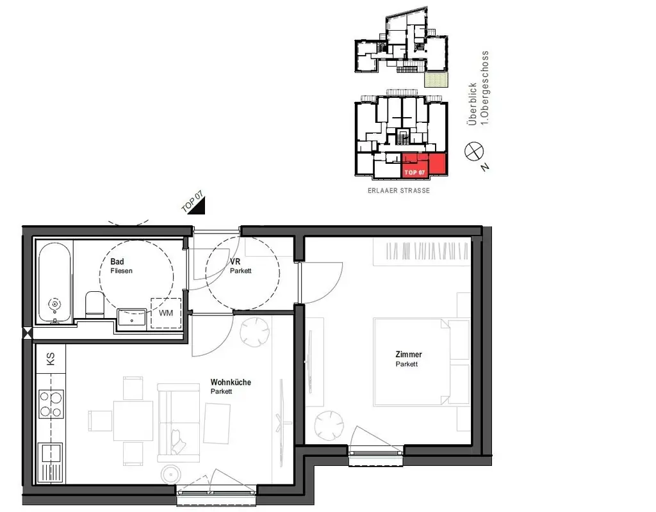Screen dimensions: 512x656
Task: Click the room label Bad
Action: (117, 262)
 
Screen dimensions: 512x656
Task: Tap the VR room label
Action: (235, 262)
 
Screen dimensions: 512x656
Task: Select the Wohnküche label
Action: (231, 382)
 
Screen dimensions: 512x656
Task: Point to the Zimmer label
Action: (409, 355)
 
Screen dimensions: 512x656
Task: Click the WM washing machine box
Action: (166, 313)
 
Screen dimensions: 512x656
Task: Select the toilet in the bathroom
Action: (94, 304)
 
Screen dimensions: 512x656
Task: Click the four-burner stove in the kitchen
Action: (51, 404)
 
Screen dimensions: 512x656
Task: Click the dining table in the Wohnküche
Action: (133, 420)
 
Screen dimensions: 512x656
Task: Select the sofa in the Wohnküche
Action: (179, 419)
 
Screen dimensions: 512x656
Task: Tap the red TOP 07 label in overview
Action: (414, 173)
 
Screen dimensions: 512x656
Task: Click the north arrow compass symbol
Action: (475, 152)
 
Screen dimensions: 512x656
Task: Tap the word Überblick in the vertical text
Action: (473, 104)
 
